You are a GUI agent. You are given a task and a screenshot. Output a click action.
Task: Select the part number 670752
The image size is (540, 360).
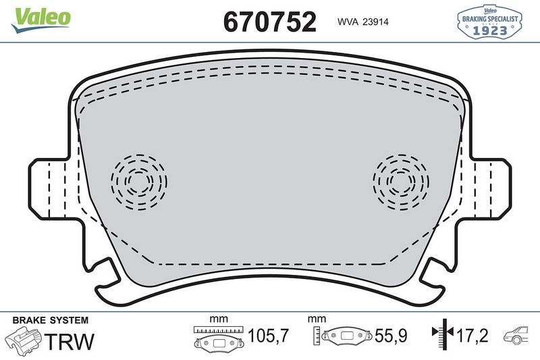click(269, 22)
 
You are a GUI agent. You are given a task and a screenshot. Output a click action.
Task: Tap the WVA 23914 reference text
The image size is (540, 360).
click(361, 22)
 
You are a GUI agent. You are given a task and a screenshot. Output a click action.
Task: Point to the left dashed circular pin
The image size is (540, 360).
click(138, 181)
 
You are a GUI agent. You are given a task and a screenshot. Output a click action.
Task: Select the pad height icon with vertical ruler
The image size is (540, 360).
click(343, 336)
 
